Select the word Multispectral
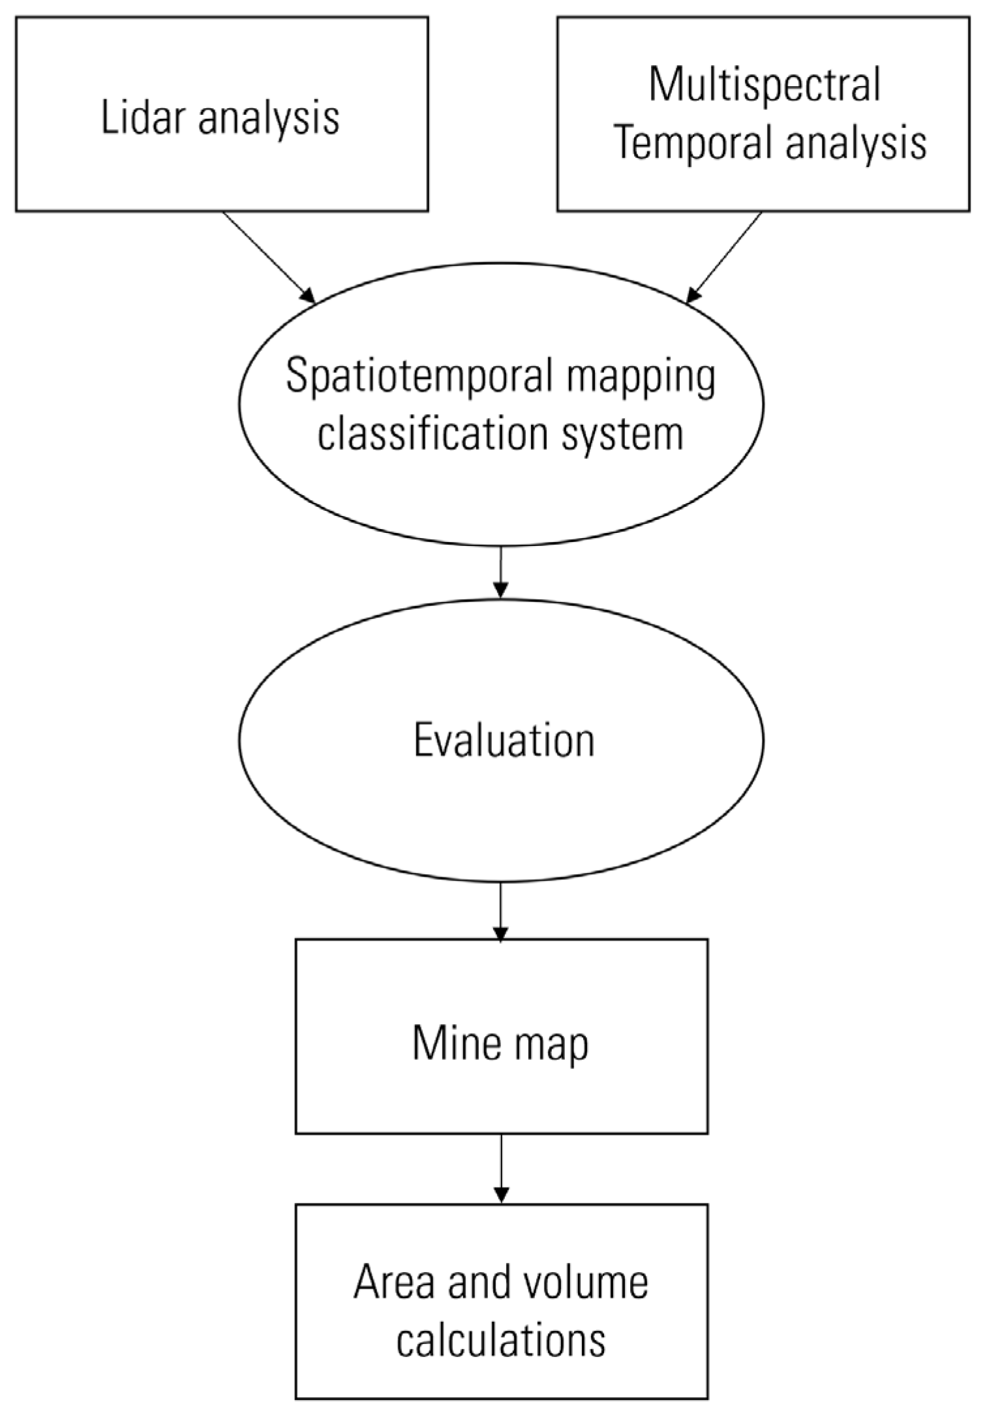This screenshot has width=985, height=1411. click(765, 85)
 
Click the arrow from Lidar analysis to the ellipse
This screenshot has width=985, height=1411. click(269, 257)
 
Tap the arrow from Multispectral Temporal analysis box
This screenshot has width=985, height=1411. click(724, 257)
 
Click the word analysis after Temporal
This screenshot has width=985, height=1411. click(855, 144)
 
